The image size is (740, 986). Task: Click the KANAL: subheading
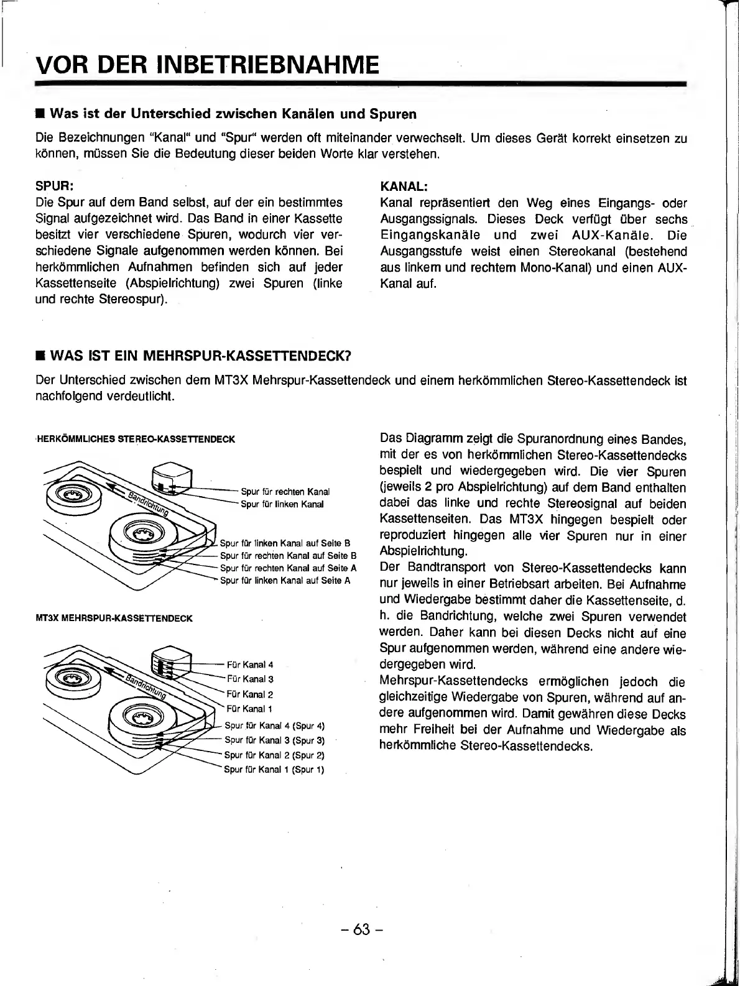tap(403, 186)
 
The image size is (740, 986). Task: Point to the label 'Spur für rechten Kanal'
tap(285, 492)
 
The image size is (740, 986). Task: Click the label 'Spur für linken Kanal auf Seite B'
tap(285, 543)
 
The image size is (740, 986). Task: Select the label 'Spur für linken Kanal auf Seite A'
tap(285, 581)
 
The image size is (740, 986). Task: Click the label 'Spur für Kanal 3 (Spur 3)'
tap(274, 740)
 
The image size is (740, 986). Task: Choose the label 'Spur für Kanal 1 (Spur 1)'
tap(274, 770)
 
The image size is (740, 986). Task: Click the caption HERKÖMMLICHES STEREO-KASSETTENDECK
tap(136, 439)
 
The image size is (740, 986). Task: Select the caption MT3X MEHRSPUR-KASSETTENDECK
tap(115, 618)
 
